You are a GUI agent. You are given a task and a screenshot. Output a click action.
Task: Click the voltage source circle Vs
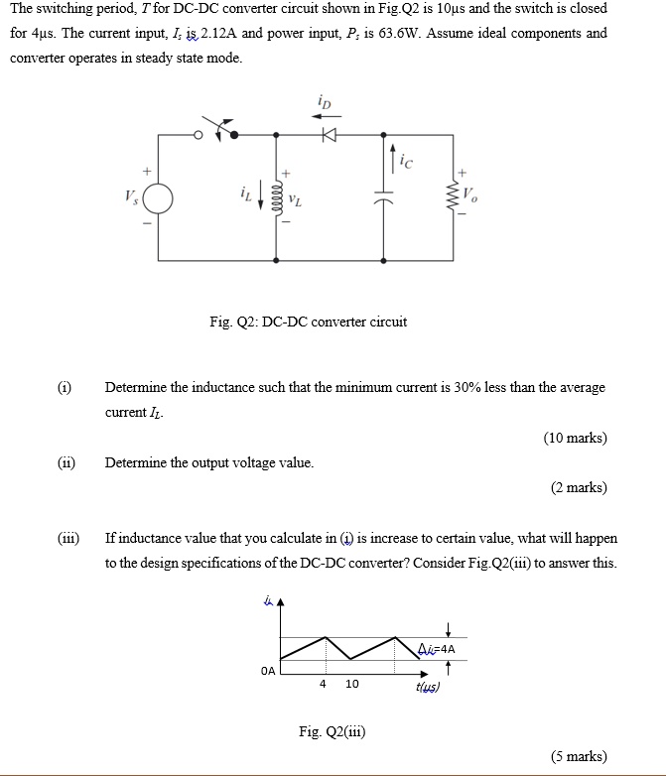[157, 196]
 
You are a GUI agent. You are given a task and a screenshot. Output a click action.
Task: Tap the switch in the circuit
[219, 130]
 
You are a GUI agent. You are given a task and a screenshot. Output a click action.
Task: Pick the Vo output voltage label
[470, 195]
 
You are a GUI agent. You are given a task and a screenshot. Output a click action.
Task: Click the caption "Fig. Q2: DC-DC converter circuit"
[308, 322]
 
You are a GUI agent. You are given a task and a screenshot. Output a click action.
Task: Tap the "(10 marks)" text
[575, 438]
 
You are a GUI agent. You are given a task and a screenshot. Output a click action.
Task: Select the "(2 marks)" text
[579, 487]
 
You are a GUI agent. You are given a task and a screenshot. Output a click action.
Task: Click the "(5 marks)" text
[579, 756]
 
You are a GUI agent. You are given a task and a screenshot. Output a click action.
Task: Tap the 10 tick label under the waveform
[352, 684]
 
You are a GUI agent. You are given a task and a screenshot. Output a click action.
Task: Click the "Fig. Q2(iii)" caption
[332, 731]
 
